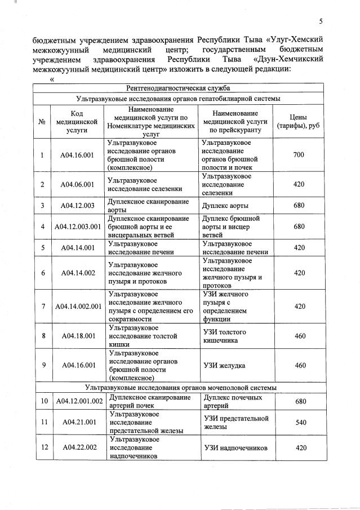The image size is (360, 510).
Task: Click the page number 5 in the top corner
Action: (x=321, y=21)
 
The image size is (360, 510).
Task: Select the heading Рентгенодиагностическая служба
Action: (x=178, y=88)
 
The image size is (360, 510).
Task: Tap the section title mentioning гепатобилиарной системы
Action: (x=178, y=99)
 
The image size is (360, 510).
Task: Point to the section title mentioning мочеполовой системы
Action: (x=181, y=388)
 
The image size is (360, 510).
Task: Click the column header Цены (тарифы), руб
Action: (x=299, y=121)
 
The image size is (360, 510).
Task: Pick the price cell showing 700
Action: (x=299, y=154)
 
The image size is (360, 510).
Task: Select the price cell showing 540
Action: (x=300, y=422)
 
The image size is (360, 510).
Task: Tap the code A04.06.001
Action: (x=77, y=184)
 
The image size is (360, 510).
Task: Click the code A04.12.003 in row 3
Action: (x=77, y=205)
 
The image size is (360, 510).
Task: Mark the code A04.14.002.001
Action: (x=78, y=307)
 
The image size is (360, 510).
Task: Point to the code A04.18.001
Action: (x=77, y=336)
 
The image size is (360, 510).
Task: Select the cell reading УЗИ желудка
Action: (x=224, y=365)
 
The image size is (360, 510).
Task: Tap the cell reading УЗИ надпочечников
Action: (x=234, y=448)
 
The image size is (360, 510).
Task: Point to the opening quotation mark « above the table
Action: (x=52, y=79)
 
